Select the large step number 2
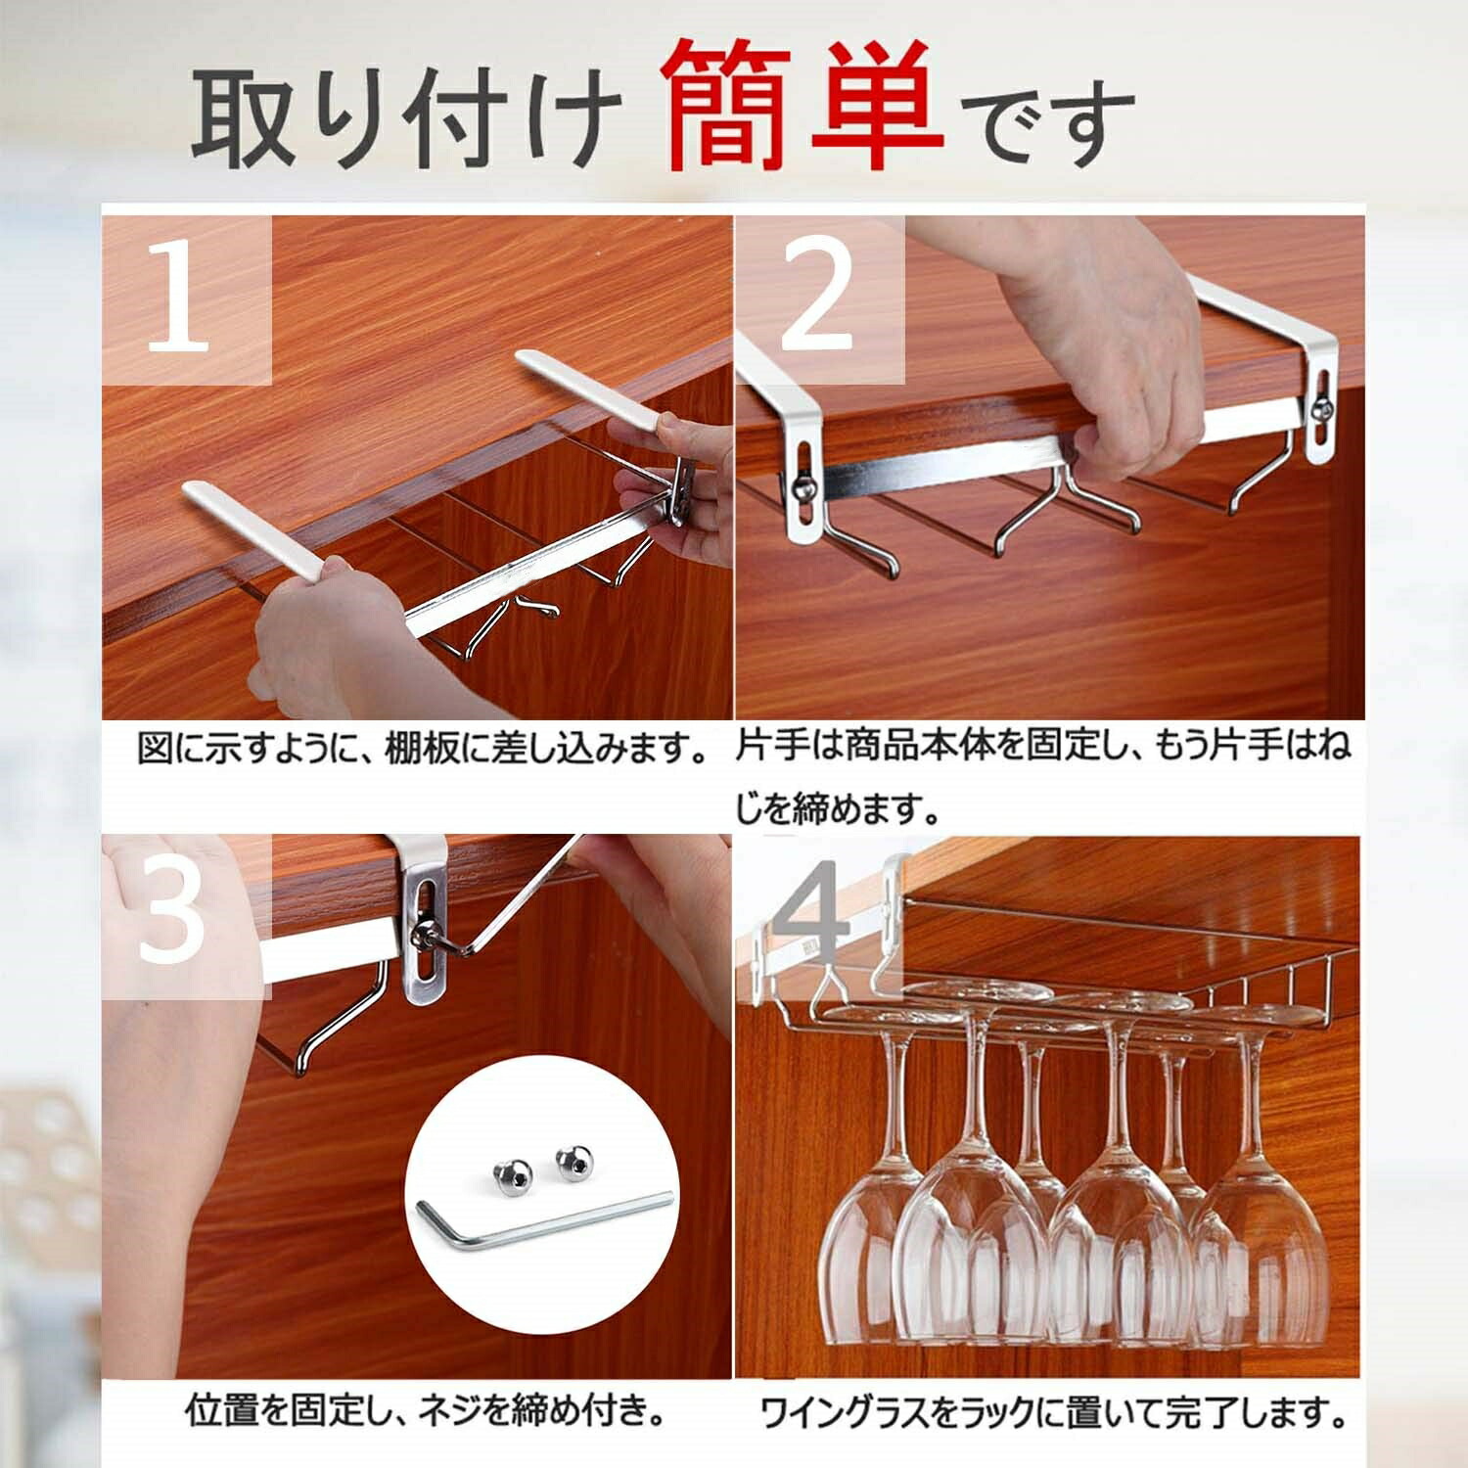(x=818, y=298)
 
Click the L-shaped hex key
(x=544, y=1219)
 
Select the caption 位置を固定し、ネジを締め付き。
(x=429, y=1412)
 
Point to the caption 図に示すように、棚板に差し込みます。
(x=423, y=750)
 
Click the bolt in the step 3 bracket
(x=428, y=933)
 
